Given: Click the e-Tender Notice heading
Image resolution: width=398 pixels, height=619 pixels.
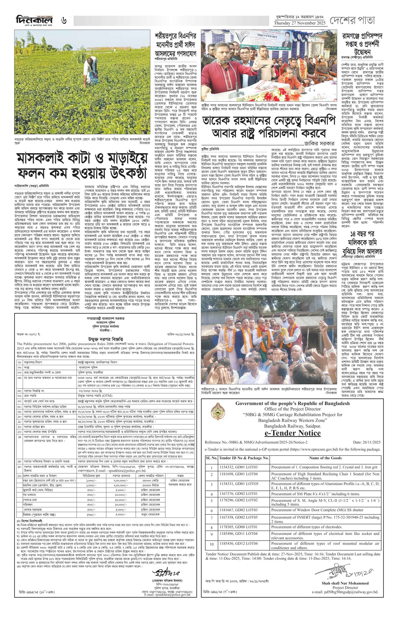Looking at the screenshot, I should coord(293,433).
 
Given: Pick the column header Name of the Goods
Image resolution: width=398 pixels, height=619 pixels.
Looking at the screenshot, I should coord(325,458).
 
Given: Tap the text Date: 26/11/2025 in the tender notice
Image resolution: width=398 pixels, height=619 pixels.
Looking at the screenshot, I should coord(367,443).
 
